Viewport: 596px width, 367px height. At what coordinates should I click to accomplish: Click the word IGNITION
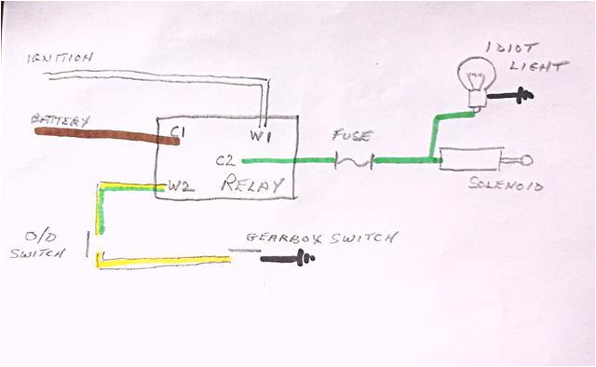click(60, 59)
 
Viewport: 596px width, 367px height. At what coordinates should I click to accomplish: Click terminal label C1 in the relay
click(177, 133)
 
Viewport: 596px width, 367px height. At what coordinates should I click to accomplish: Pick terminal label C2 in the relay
click(225, 160)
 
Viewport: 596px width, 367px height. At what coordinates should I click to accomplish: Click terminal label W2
click(181, 185)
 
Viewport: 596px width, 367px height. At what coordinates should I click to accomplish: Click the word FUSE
click(352, 136)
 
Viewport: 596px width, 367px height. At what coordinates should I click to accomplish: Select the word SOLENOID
click(508, 185)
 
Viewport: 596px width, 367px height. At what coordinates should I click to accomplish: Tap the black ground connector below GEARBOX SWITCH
click(288, 258)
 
